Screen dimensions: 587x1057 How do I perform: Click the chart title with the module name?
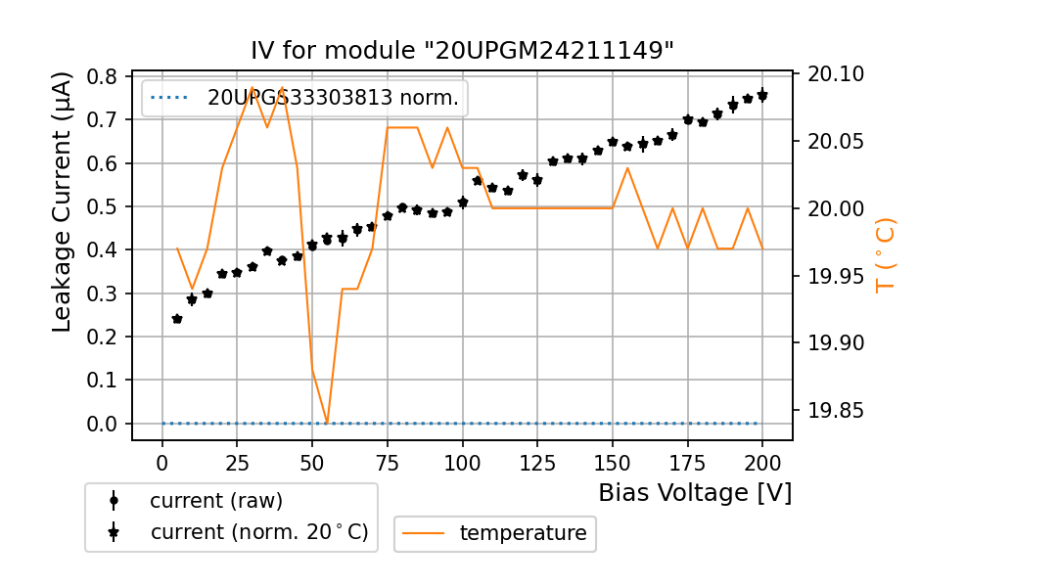tap(462, 51)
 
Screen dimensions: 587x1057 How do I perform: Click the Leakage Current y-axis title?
tap(63, 202)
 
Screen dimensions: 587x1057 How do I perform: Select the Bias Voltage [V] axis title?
tap(695, 492)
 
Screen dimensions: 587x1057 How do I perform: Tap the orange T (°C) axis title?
tap(885, 255)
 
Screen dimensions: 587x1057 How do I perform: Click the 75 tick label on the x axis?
tap(388, 463)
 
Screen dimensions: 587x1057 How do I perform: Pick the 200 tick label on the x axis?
tap(762, 463)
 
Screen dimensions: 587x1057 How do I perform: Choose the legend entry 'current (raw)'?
tap(215, 501)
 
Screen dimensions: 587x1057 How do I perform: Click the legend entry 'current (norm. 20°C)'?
tap(258, 533)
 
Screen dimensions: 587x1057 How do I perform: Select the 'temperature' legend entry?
tap(523, 533)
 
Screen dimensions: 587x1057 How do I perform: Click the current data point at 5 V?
tap(177, 319)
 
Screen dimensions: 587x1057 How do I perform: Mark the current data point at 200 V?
tap(762, 95)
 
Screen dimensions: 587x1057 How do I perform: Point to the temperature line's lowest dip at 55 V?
tap(327, 423)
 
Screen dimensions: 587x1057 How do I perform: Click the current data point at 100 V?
tap(463, 203)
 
